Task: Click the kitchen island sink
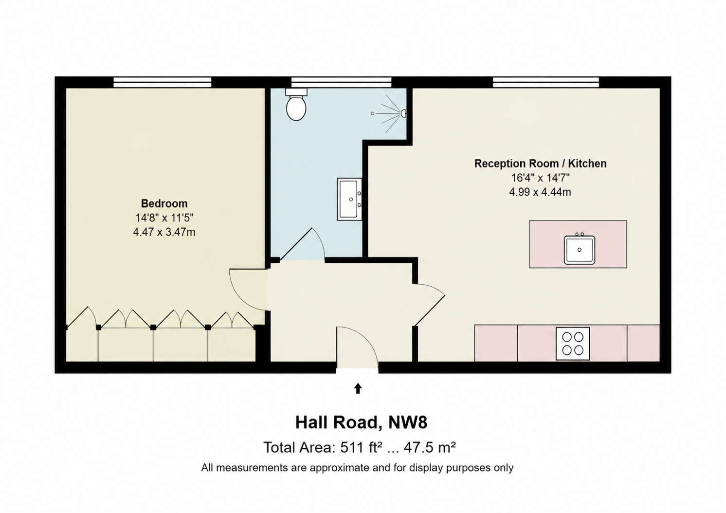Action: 579,249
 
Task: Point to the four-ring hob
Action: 573,344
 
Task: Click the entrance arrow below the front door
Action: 358,388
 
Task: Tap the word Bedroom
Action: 164,203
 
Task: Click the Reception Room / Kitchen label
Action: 540,164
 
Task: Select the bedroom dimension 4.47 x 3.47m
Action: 164,232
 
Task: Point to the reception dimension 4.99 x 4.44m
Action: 540,192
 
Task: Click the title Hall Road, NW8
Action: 362,422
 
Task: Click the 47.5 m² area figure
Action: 430,447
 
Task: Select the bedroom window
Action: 163,82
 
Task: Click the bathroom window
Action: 341,82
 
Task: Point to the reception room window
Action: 546,82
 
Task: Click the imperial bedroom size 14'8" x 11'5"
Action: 164,218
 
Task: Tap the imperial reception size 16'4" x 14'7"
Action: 540,178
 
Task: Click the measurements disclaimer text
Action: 357,468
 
